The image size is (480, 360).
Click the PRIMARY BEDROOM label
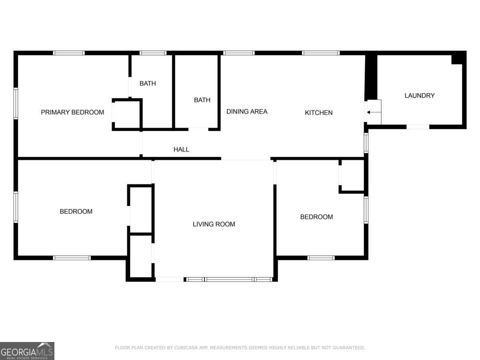[x=72, y=112]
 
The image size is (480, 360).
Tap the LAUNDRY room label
[x=420, y=96]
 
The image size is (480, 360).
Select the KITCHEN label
[x=319, y=112]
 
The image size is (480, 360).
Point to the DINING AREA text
[x=247, y=112]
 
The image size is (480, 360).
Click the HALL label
[x=181, y=150]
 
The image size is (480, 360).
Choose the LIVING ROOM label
[x=214, y=224]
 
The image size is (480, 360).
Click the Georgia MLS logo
[x=27, y=351]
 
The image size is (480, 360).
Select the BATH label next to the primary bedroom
[x=148, y=83]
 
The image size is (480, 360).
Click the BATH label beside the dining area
[x=202, y=100]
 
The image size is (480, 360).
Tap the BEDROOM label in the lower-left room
[x=76, y=211]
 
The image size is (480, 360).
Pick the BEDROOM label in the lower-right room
[x=316, y=217]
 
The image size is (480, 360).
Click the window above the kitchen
[x=321, y=53]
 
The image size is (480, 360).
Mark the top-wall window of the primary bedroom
[x=69, y=53]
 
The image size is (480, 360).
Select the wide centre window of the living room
[x=229, y=279]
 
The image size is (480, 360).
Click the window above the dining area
[x=239, y=53]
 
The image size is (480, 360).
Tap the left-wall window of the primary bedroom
[x=16, y=103]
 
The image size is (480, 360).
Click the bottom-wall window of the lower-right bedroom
[x=321, y=258]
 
